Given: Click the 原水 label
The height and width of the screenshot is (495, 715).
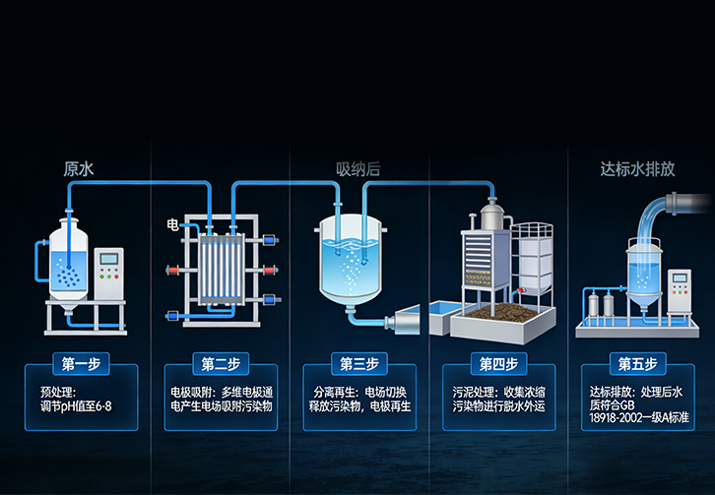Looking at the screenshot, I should tap(78, 169).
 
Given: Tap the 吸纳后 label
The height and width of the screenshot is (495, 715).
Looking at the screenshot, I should tap(357, 169).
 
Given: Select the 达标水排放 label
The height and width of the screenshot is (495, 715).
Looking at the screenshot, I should tap(637, 169).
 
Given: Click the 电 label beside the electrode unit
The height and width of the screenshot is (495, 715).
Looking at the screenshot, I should tap(172, 226).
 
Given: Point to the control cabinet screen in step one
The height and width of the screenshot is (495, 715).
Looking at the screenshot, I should tap(110, 261).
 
